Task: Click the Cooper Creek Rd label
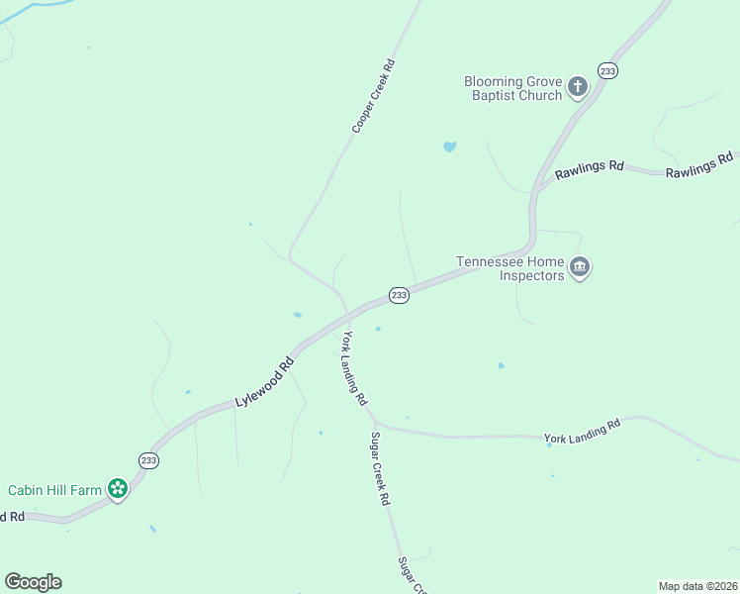click(374, 96)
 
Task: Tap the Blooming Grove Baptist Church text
click(513, 88)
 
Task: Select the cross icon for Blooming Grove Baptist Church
click(578, 88)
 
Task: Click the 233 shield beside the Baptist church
click(607, 70)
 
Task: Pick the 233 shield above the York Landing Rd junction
click(399, 295)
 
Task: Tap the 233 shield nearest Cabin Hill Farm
click(148, 460)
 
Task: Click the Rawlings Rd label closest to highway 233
click(589, 169)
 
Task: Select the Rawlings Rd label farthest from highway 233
click(698, 165)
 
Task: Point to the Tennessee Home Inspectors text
click(509, 268)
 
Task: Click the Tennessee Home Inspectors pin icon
click(580, 267)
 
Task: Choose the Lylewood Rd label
click(265, 382)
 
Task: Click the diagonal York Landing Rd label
click(354, 369)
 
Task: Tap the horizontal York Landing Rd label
click(582, 430)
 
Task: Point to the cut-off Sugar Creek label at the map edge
click(412, 574)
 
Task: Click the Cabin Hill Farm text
click(55, 490)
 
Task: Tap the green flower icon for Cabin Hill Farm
click(118, 488)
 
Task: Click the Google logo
click(33, 582)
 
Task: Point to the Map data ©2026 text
click(696, 585)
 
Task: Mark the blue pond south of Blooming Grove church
click(450, 147)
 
